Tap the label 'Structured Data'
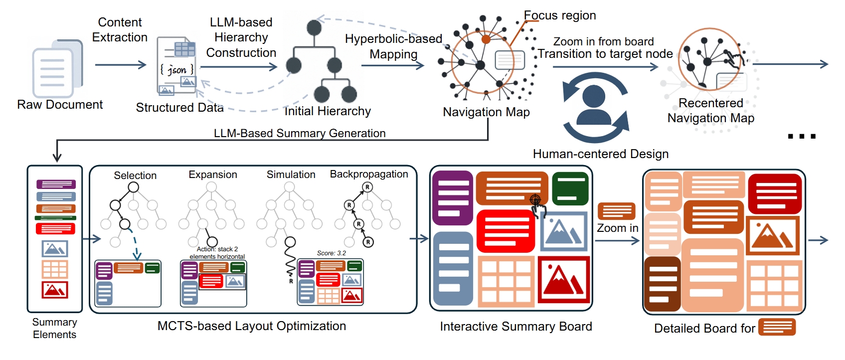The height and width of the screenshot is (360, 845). (179, 108)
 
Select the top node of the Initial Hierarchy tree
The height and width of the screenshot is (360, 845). (314, 27)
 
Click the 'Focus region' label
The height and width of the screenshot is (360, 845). (560, 15)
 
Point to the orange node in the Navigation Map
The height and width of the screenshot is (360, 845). (486, 39)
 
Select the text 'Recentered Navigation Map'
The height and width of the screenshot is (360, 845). (710, 111)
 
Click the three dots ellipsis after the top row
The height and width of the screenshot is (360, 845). (802, 136)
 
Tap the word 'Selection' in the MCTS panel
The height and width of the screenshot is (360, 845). (135, 176)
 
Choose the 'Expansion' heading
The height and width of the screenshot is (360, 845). (213, 175)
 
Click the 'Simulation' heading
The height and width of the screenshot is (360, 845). (291, 175)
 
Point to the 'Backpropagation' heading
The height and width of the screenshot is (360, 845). (369, 174)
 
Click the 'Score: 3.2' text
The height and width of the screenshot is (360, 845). (331, 253)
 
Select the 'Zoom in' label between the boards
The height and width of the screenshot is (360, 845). (617, 228)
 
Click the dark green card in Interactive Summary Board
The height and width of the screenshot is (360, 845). (570, 188)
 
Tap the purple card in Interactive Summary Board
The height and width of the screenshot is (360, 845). (453, 198)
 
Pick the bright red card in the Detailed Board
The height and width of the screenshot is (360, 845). (774, 193)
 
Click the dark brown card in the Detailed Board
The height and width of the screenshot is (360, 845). (662, 283)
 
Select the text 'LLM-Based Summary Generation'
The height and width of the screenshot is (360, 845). (300, 134)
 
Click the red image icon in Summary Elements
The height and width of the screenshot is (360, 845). (55, 290)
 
